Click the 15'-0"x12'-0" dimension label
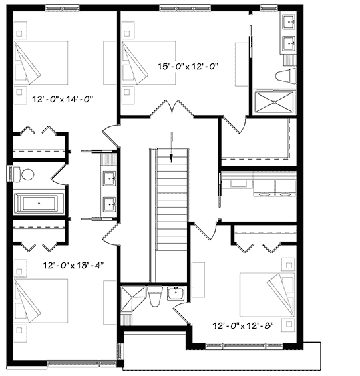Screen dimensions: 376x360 [188, 66]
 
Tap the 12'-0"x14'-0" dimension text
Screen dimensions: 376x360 [62, 98]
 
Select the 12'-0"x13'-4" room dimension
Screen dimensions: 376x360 [72, 265]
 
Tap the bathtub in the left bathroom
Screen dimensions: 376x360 [39, 202]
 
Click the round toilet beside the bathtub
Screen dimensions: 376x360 [27, 175]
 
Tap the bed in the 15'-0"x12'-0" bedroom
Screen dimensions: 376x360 [146, 62]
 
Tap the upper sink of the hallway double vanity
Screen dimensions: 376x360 [110, 178]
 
